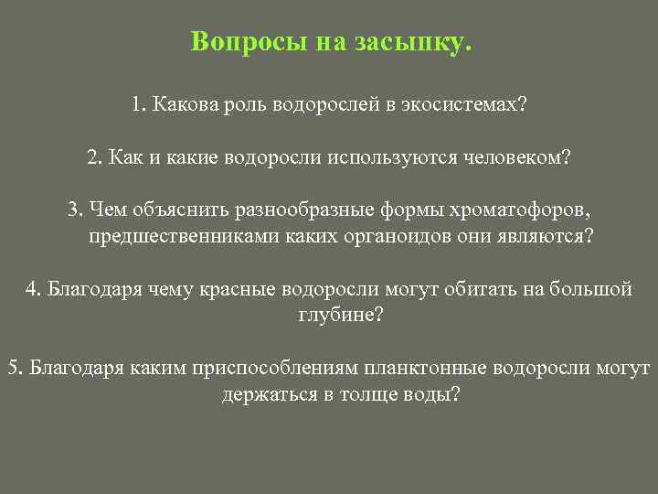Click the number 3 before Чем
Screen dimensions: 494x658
(72, 210)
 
